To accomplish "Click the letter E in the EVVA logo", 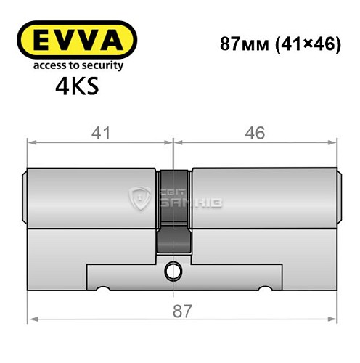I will click(x=36, y=40).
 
